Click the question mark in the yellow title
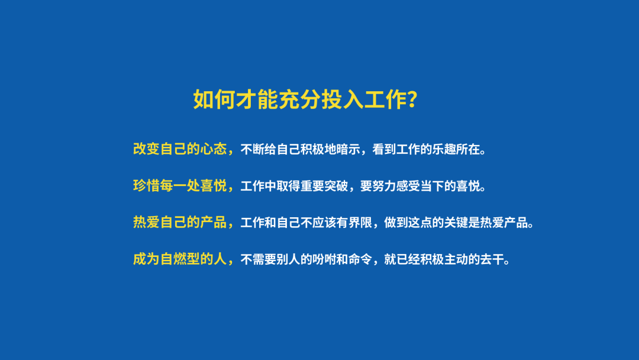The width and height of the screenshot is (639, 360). pos(412,99)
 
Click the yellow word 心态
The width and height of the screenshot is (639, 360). pos(213,149)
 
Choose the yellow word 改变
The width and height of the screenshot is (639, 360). pos(146,149)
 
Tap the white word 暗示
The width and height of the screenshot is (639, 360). pos(348,150)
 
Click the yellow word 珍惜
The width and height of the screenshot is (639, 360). pos(146,186)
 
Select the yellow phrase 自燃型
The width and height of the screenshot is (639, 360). pos(180,259)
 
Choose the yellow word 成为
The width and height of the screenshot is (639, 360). pos(146,259)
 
